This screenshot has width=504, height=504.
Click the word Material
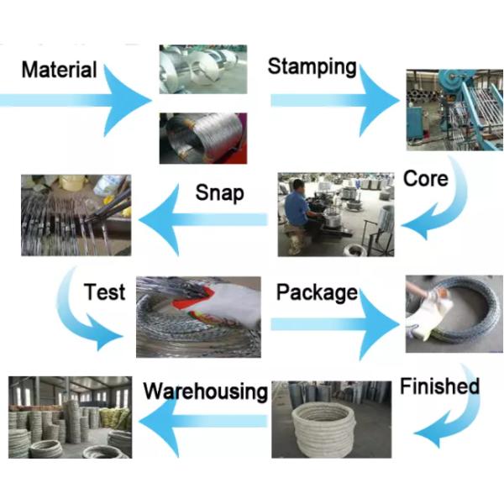coord(59,69)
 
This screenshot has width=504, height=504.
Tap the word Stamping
coord(312,67)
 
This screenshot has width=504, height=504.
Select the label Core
coord(425,178)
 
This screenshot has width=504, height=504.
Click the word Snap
coord(219,192)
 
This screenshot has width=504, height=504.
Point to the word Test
coord(104,291)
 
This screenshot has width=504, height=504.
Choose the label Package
coord(317,293)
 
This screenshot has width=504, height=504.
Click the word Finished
coord(439,387)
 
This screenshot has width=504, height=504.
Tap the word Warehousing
coord(205,391)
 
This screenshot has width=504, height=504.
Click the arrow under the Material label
coord(84,99)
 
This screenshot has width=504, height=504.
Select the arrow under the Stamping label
coord(336,99)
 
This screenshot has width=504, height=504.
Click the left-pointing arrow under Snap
coord(202,220)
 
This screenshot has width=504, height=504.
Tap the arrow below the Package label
coord(336,323)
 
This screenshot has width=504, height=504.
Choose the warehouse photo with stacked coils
coord(70,417)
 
